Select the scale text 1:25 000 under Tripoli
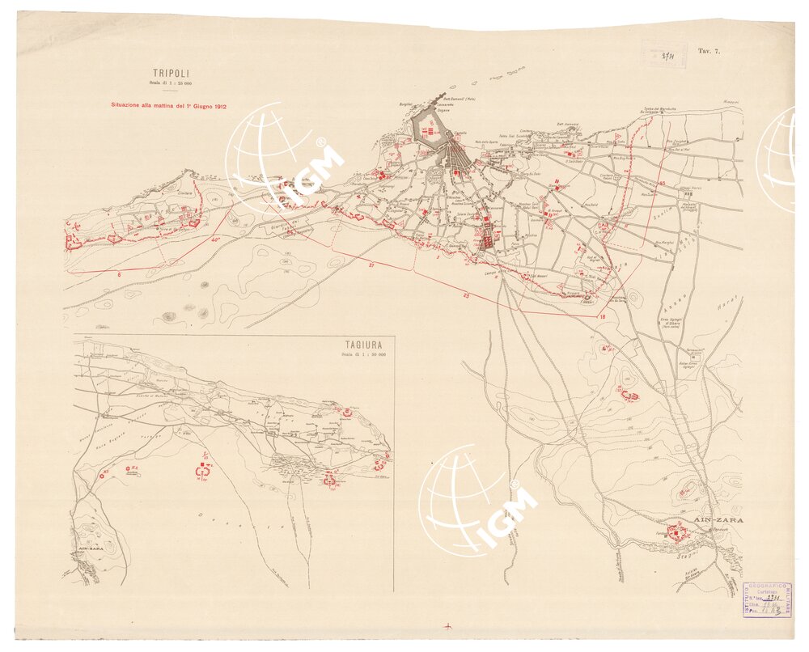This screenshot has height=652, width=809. pyautogui.click(x=170, y=83)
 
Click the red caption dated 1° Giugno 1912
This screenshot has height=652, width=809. pyautogui.click(x=167, y=105)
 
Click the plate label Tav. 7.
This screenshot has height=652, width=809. pyautogui.click(x=709, y=51)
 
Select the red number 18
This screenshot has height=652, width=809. pyautogui.click(x=603, y=316)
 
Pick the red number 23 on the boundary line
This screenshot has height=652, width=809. pyautogui.click(x=467, y=295)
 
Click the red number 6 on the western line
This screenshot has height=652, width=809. pyautogui.click(x=119, y=275)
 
